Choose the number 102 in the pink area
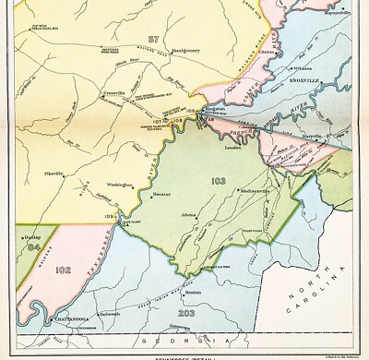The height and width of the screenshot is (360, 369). coord(64,270)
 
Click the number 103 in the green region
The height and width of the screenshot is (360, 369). coord(218,179)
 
